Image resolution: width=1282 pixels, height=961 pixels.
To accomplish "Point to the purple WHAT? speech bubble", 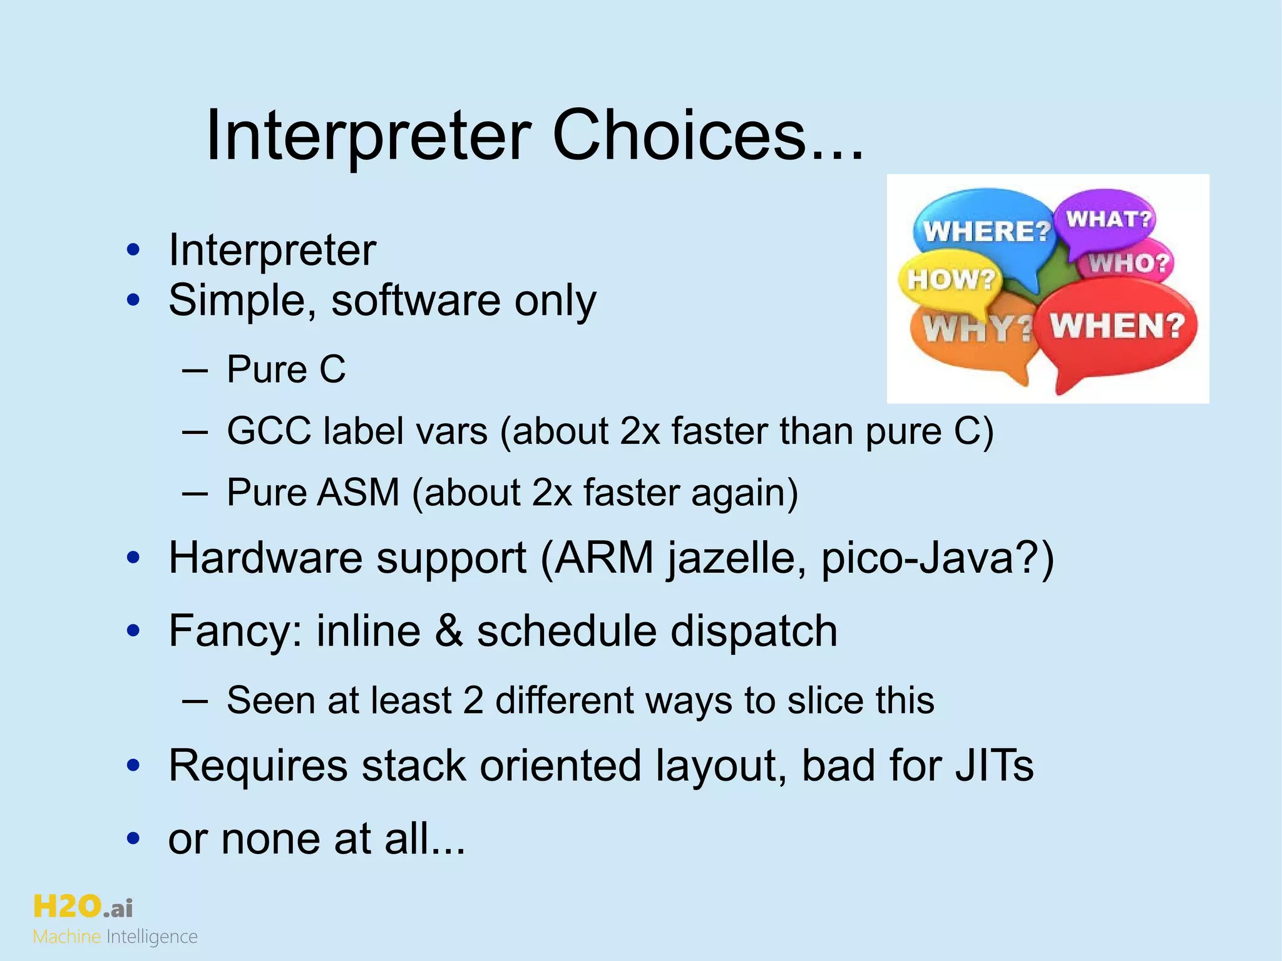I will point(1108,219).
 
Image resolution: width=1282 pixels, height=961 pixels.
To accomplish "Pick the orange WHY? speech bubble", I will point(974,332).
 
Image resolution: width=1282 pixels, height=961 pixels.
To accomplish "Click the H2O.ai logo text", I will point(83,906).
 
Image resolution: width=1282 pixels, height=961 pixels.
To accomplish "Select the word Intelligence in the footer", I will point(152,937).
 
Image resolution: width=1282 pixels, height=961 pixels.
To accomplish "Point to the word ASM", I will point(357,492).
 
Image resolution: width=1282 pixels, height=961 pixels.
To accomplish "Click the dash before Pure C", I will point(195,369).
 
